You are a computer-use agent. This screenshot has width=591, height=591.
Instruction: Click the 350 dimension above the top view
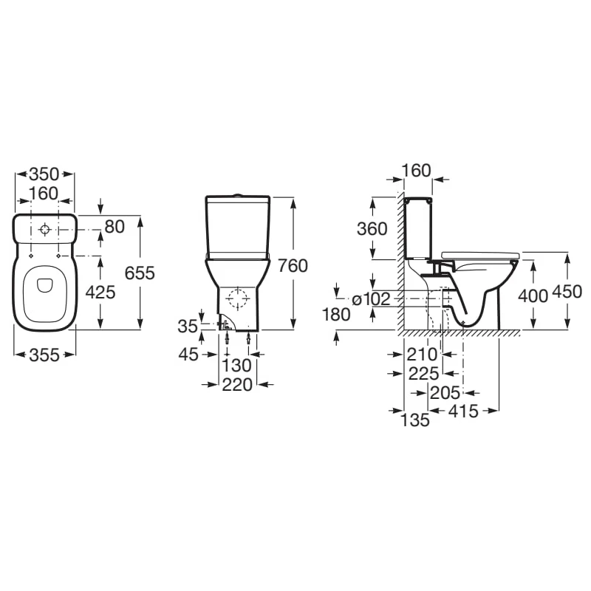coord(44,174)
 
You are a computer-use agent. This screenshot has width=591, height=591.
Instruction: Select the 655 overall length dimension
coord(140,273)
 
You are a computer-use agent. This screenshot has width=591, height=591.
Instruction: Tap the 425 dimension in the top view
coord(100,292)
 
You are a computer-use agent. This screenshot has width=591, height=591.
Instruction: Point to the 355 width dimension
coord(44,355)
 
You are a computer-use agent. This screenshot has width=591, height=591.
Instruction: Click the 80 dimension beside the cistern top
coord(115,227)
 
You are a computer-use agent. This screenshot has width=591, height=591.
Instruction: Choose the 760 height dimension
coord(293,266)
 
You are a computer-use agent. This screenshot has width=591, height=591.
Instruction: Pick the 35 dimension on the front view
coord(188,327)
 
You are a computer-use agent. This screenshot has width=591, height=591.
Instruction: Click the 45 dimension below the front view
coord(188,355)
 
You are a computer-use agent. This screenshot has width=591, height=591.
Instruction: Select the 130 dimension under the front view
coord(236,366)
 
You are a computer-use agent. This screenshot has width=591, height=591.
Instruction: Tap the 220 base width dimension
coord(237,385)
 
